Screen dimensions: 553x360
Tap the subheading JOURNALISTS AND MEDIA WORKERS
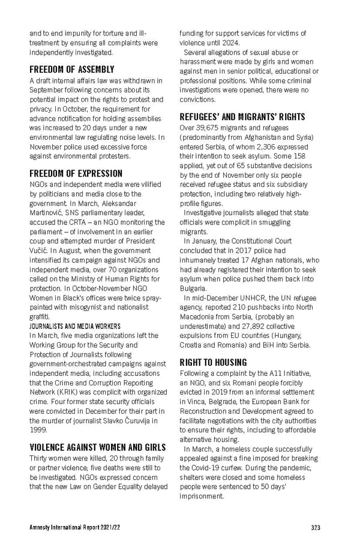click(x=75, y=326)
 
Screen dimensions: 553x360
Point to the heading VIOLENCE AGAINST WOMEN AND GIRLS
click(x=98, y=447)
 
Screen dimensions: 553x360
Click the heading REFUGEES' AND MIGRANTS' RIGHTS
click(x=242, y=116)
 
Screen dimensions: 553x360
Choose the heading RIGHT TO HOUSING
click(x=213, y=362)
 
